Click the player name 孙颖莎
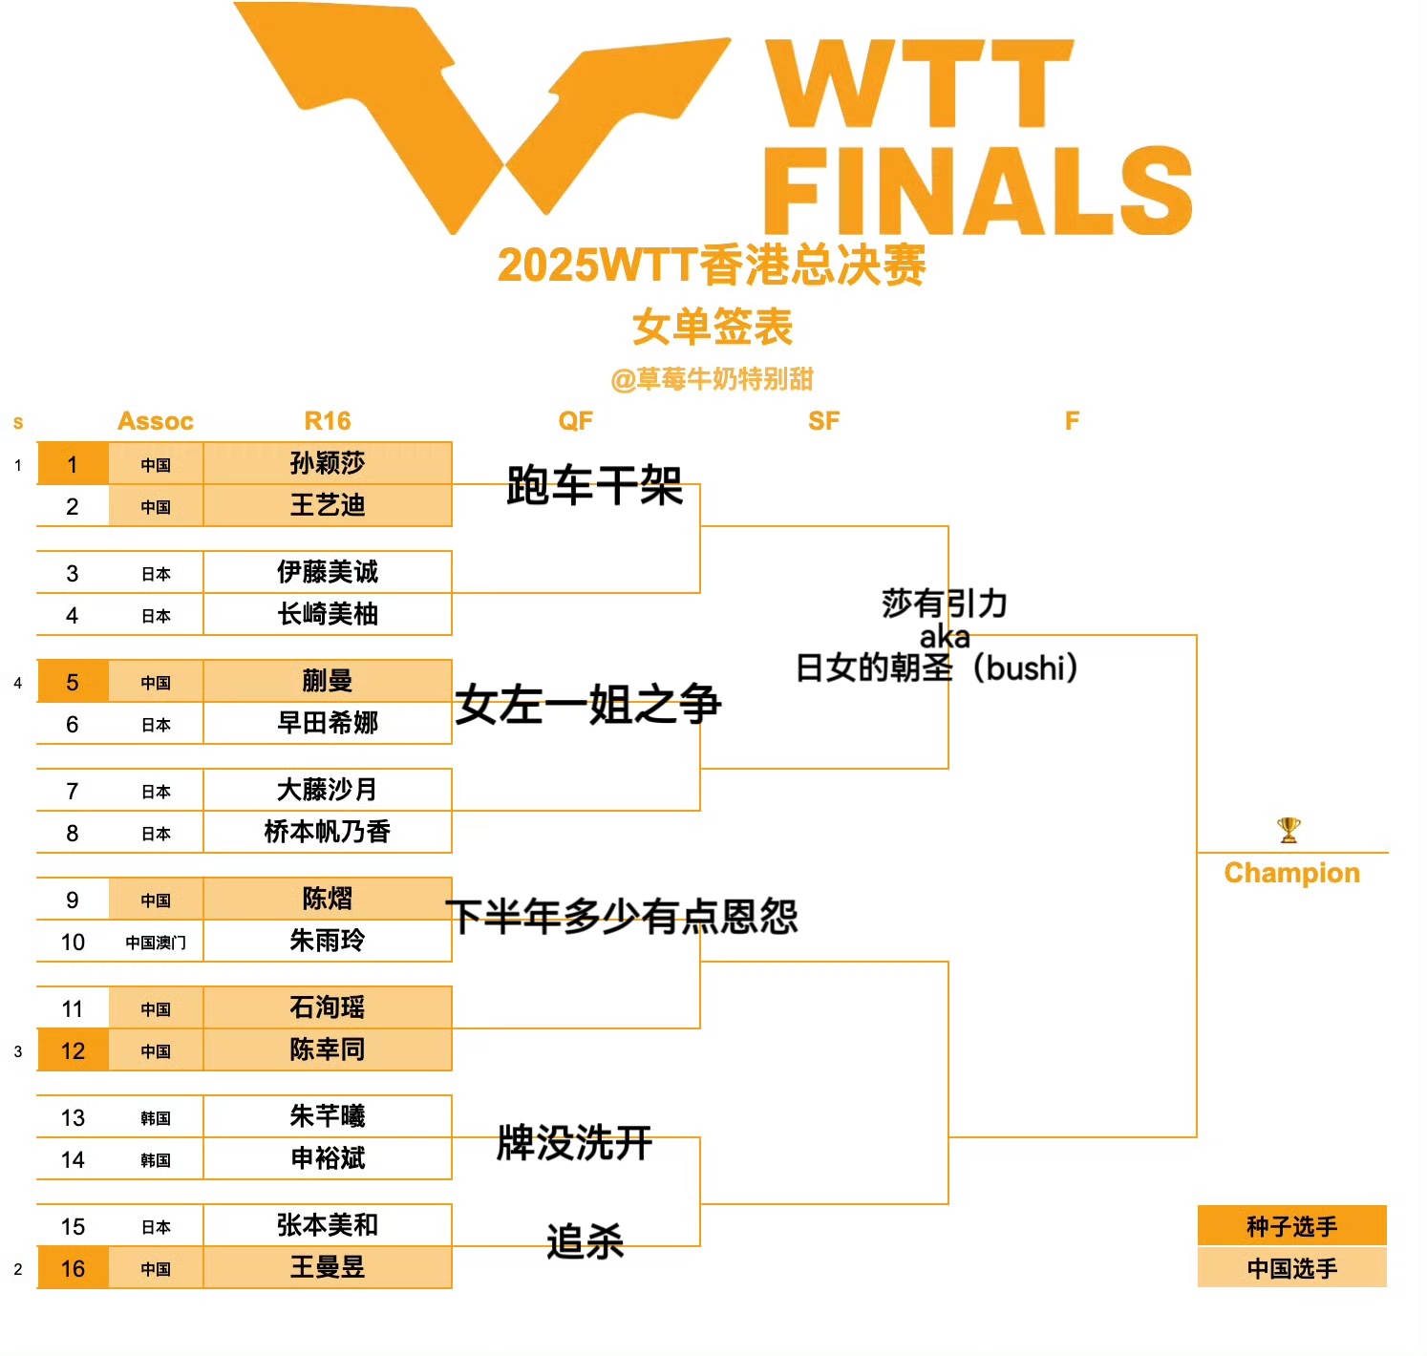point(328,463)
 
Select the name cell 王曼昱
point(328,1267)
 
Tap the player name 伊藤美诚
point(328,572)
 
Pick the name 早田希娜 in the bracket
point(328,723)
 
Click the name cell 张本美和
point(328,1225)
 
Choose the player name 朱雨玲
point(328,941)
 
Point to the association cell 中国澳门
point(156,943)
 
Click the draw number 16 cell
point(73,1268)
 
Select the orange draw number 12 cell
point(73,1050)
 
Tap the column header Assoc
point(156,421)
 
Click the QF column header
point(576,421)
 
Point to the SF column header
point(823,421)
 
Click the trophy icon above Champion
point(1289,830)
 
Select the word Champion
point(1291,873)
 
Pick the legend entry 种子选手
point(1291,1226)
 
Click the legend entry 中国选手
point(1291,1268)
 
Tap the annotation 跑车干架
point(594,485)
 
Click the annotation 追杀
point(585,1241)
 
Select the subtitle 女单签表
point(713,327)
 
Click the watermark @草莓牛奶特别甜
point(713,379)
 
